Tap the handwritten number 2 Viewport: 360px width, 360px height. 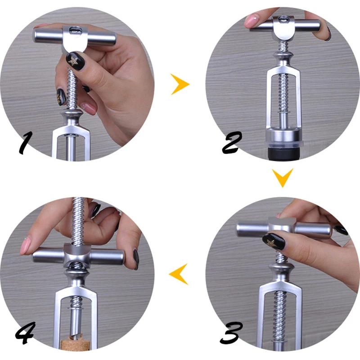point(232,143)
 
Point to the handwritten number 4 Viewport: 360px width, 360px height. point(25,333)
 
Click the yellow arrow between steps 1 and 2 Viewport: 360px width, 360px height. point(180,84)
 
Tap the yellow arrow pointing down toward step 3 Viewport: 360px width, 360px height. point(283,177)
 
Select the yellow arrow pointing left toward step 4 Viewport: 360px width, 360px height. point(179,274)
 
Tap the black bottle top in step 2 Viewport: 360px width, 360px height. point(284,153)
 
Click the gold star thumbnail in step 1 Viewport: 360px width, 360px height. point(75,61)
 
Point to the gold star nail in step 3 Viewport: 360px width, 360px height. point(274,242)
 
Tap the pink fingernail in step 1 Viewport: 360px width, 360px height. point(88,108)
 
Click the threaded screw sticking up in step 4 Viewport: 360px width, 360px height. point(78,221)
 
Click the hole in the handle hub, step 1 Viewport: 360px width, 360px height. point(75,30)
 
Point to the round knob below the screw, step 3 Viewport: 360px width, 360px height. point(281,269)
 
